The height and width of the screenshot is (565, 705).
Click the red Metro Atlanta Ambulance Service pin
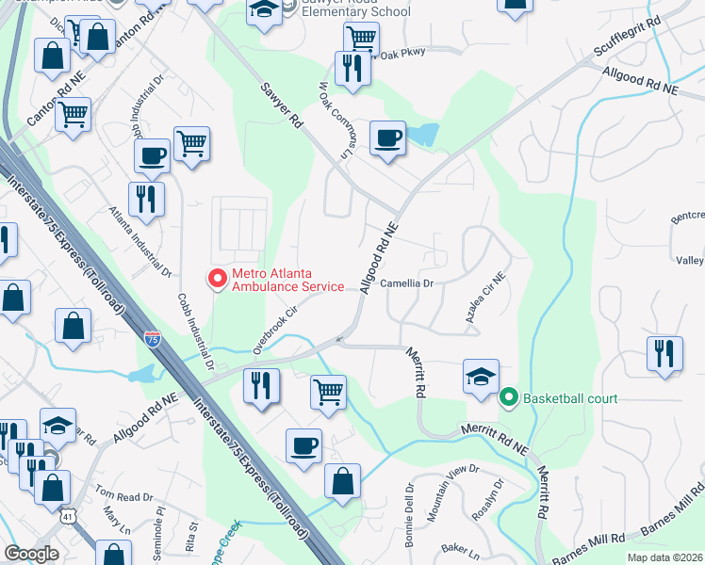point(218,278)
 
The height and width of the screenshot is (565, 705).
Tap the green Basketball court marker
point(510,398)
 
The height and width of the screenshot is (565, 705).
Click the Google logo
point(31,554)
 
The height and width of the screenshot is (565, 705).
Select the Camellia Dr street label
point(406,283)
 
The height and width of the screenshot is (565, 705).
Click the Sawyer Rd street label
point(282,105)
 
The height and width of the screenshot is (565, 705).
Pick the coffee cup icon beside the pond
point(387,138)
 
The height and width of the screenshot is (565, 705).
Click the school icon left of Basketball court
point(481,376)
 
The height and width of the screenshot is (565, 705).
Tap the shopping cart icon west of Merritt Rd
point(328,391)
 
